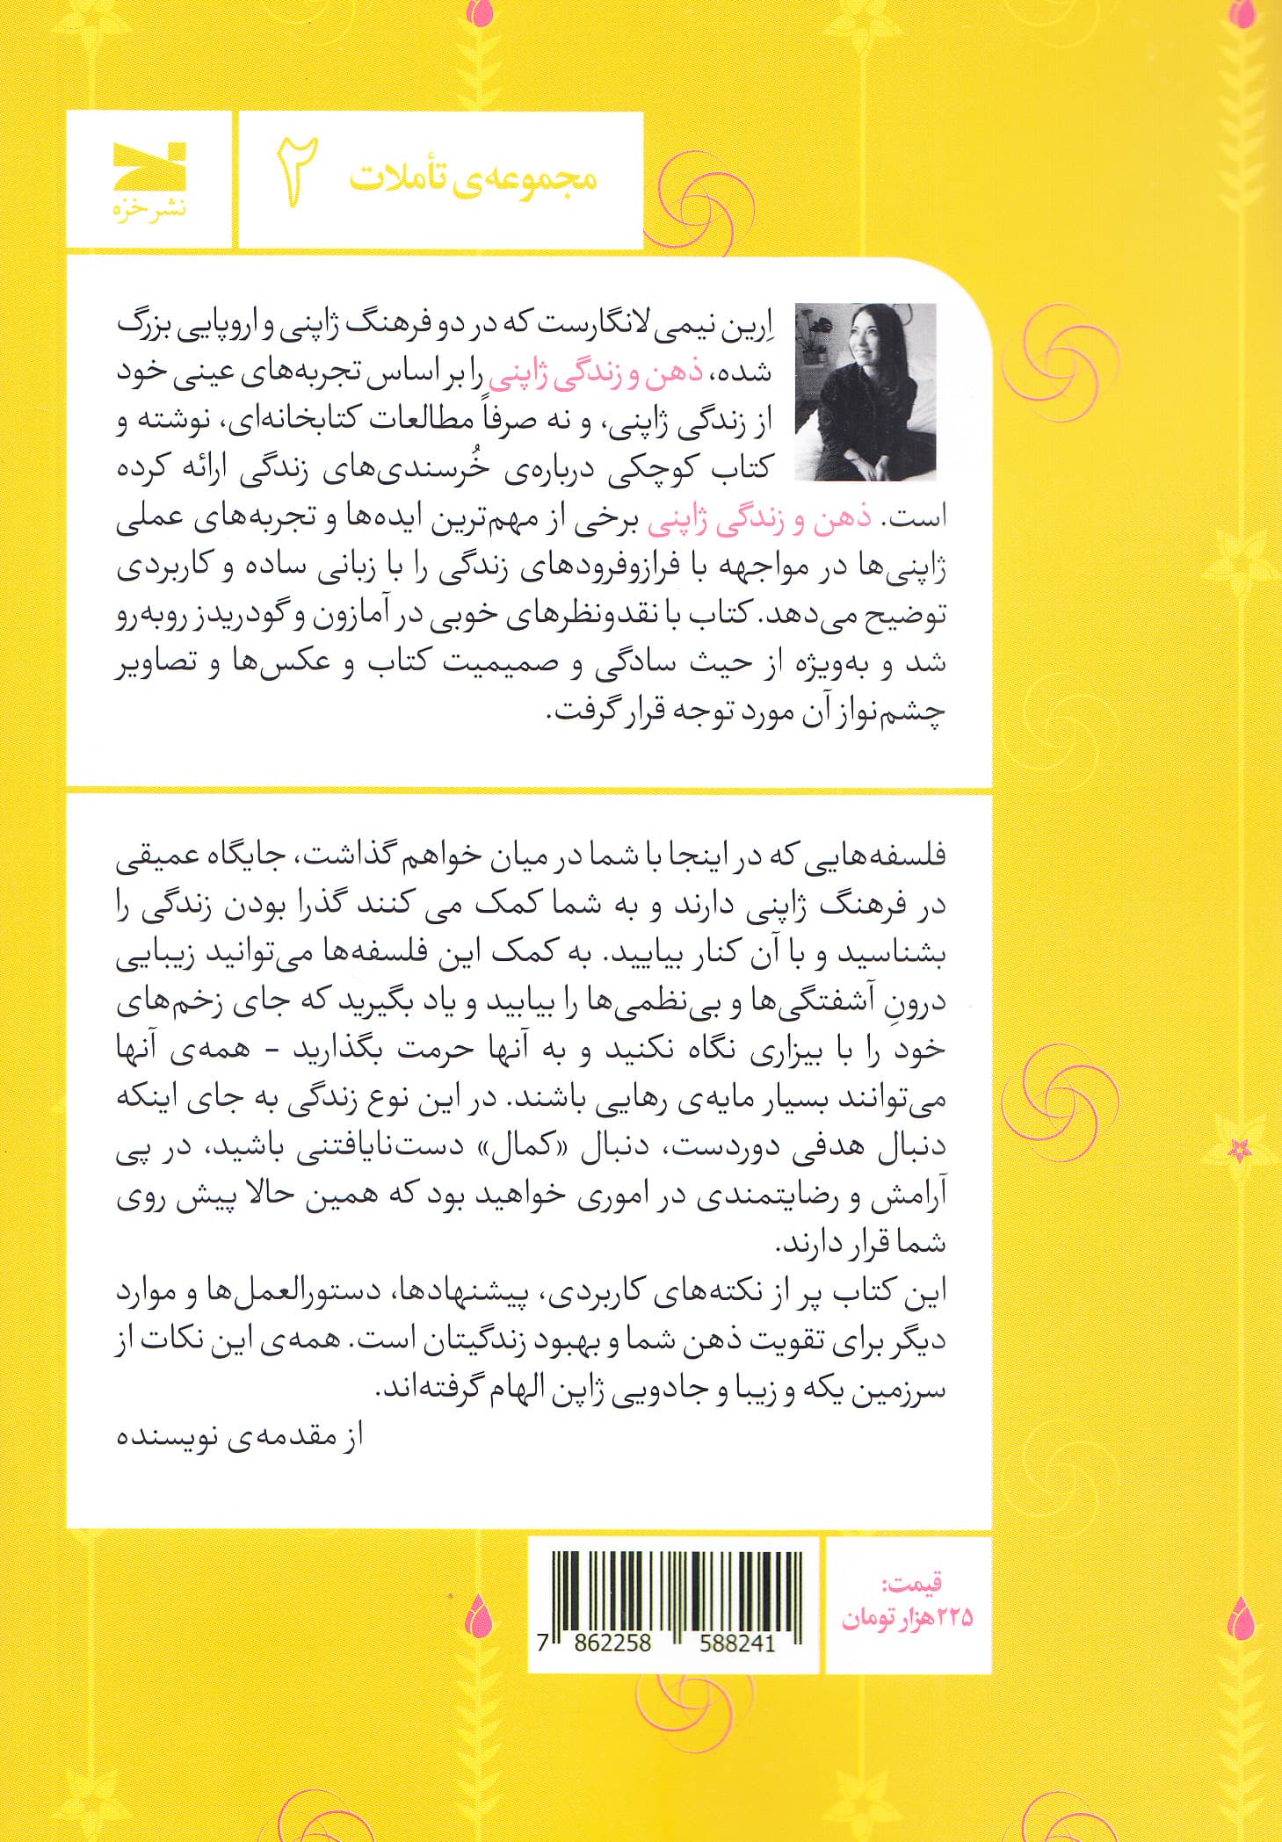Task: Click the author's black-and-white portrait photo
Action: tap(865, 392)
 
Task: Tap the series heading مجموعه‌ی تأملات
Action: tap(473, 177)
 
